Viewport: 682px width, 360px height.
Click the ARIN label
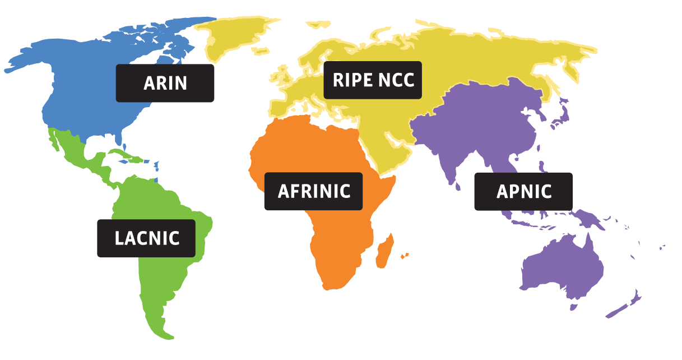[165, 83]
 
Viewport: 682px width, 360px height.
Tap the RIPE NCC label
[373, 80]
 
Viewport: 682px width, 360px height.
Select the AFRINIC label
[314, 191]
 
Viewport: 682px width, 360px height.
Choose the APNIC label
[523, 191]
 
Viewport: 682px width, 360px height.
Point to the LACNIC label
[146, 238]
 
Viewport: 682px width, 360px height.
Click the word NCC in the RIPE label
[396, 80]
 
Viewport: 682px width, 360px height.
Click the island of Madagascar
[385, 252]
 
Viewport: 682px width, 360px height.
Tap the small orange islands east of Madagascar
[405, 256]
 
